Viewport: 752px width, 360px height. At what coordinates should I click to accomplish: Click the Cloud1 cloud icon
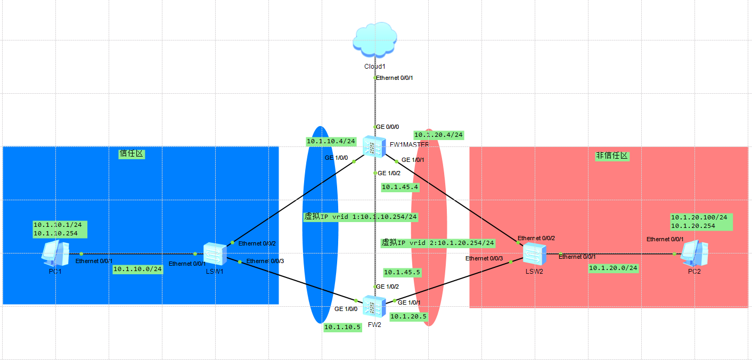[375, 39]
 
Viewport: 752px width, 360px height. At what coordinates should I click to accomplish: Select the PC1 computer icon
[55, 253]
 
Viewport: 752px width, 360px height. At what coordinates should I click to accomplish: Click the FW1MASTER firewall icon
[374, 146]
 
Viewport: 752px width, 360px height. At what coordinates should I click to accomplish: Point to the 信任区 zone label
[132, 154]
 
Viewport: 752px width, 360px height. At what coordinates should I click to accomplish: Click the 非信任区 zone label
[612, 156]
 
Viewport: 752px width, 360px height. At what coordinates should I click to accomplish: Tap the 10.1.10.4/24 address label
[331, 141]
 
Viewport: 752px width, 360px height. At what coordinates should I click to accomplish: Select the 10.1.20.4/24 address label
[438, 135]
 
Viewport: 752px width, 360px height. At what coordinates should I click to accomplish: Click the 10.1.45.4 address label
[400, 187]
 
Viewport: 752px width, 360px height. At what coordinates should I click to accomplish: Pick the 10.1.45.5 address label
[402, 272]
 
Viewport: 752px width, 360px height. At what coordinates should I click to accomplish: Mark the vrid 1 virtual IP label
[360, 217]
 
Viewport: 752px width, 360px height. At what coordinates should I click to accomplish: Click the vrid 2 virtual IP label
[438, 242]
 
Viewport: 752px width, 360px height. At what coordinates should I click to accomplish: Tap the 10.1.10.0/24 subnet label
[137, 269]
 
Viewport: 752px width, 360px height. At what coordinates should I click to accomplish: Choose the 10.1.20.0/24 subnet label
[613, 268]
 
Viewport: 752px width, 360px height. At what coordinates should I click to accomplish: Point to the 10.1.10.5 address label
[342, 327]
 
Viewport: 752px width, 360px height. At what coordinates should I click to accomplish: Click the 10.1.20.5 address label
[408, 316]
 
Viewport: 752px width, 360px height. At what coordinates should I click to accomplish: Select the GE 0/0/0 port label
[388, 127]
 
